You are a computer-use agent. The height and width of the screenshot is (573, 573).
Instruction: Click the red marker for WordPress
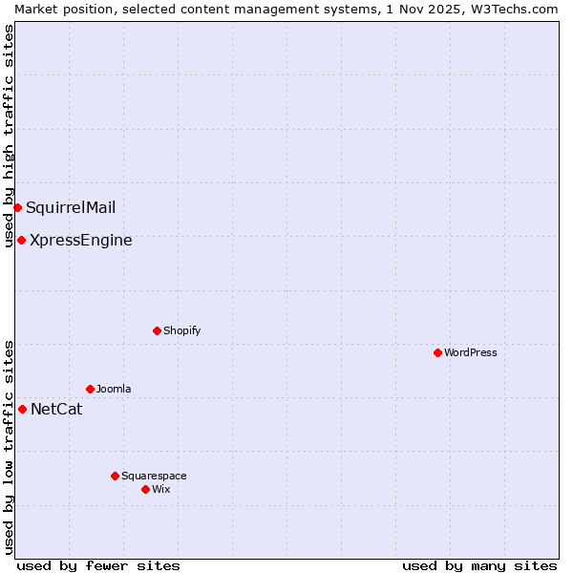pos(437,352)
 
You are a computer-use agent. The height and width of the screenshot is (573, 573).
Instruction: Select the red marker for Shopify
pos(157,330)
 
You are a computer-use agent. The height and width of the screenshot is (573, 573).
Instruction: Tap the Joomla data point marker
pos(90,389)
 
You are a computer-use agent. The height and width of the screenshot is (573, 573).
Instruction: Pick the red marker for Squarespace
pos(115,476)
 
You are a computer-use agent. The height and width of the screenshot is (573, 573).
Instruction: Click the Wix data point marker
pos(145,489)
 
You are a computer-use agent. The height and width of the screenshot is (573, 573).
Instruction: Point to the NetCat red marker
pos(22,409)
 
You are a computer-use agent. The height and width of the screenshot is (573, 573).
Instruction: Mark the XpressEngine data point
pos(21,240)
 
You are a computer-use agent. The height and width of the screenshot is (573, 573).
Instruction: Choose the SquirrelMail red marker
pos(17,207)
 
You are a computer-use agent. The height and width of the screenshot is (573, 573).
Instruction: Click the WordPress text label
pos(471,352)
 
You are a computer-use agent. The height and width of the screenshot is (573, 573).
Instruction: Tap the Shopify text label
pos(181,330)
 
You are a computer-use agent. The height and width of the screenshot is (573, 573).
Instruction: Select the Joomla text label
pos(114,389)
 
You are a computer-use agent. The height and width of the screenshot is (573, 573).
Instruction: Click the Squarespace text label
pos(154,476)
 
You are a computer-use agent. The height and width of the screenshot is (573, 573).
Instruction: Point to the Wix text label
pos(160,489)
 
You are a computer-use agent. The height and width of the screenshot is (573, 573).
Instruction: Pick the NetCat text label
pos(56,410)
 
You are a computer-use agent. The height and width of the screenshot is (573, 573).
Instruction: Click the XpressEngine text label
pos(81,241)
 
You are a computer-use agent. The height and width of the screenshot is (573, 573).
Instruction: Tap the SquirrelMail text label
pos(71,208)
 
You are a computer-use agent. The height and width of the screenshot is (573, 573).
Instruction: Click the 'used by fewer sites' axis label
pos(98,565)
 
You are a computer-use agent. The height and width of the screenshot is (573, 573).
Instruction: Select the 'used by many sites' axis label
pos(479,565)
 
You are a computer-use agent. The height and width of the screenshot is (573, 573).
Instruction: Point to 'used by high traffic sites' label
pos(9,136)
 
